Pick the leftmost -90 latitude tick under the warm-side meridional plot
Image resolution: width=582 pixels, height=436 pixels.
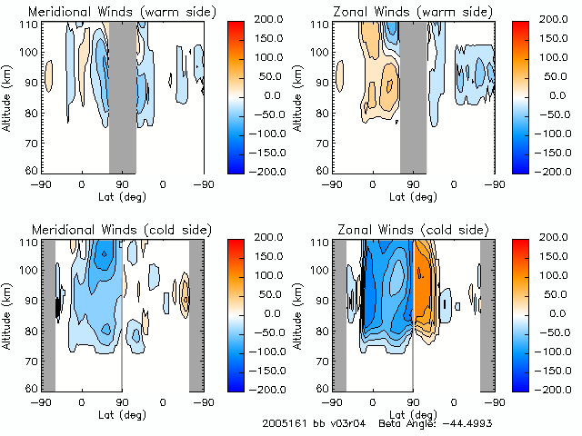coord(40,184)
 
